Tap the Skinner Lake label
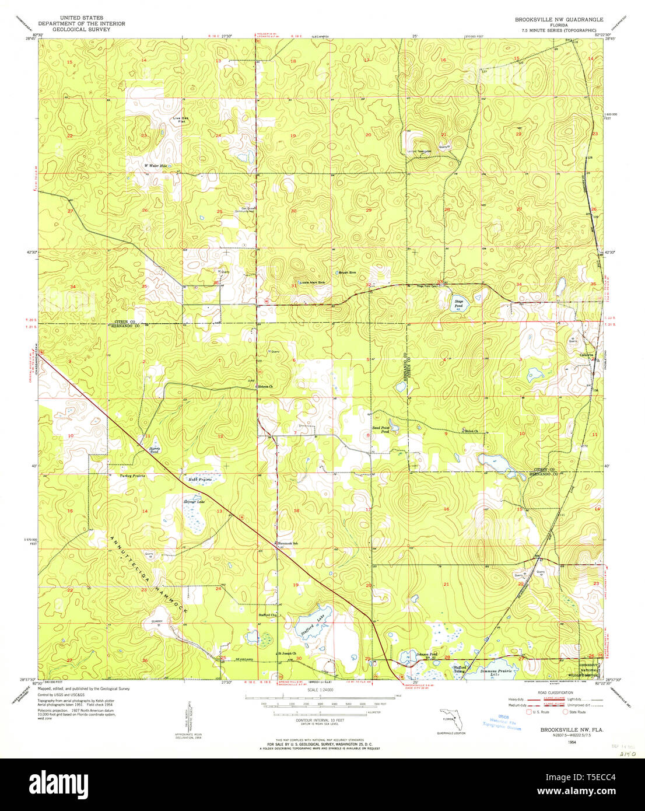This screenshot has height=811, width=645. coord(194,502)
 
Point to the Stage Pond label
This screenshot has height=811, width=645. coord(459,303)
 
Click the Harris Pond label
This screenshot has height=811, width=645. coord(154,450)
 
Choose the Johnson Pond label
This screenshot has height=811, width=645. coord(426,655)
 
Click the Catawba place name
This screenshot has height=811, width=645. coord(586,355)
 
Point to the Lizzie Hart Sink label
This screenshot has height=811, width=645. coord(313,282)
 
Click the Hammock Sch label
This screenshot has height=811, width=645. coord(287,543)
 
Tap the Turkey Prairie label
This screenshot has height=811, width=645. coord(132,476)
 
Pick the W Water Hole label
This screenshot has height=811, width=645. coord(156,166)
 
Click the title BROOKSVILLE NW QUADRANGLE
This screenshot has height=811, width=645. coord(559,19)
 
